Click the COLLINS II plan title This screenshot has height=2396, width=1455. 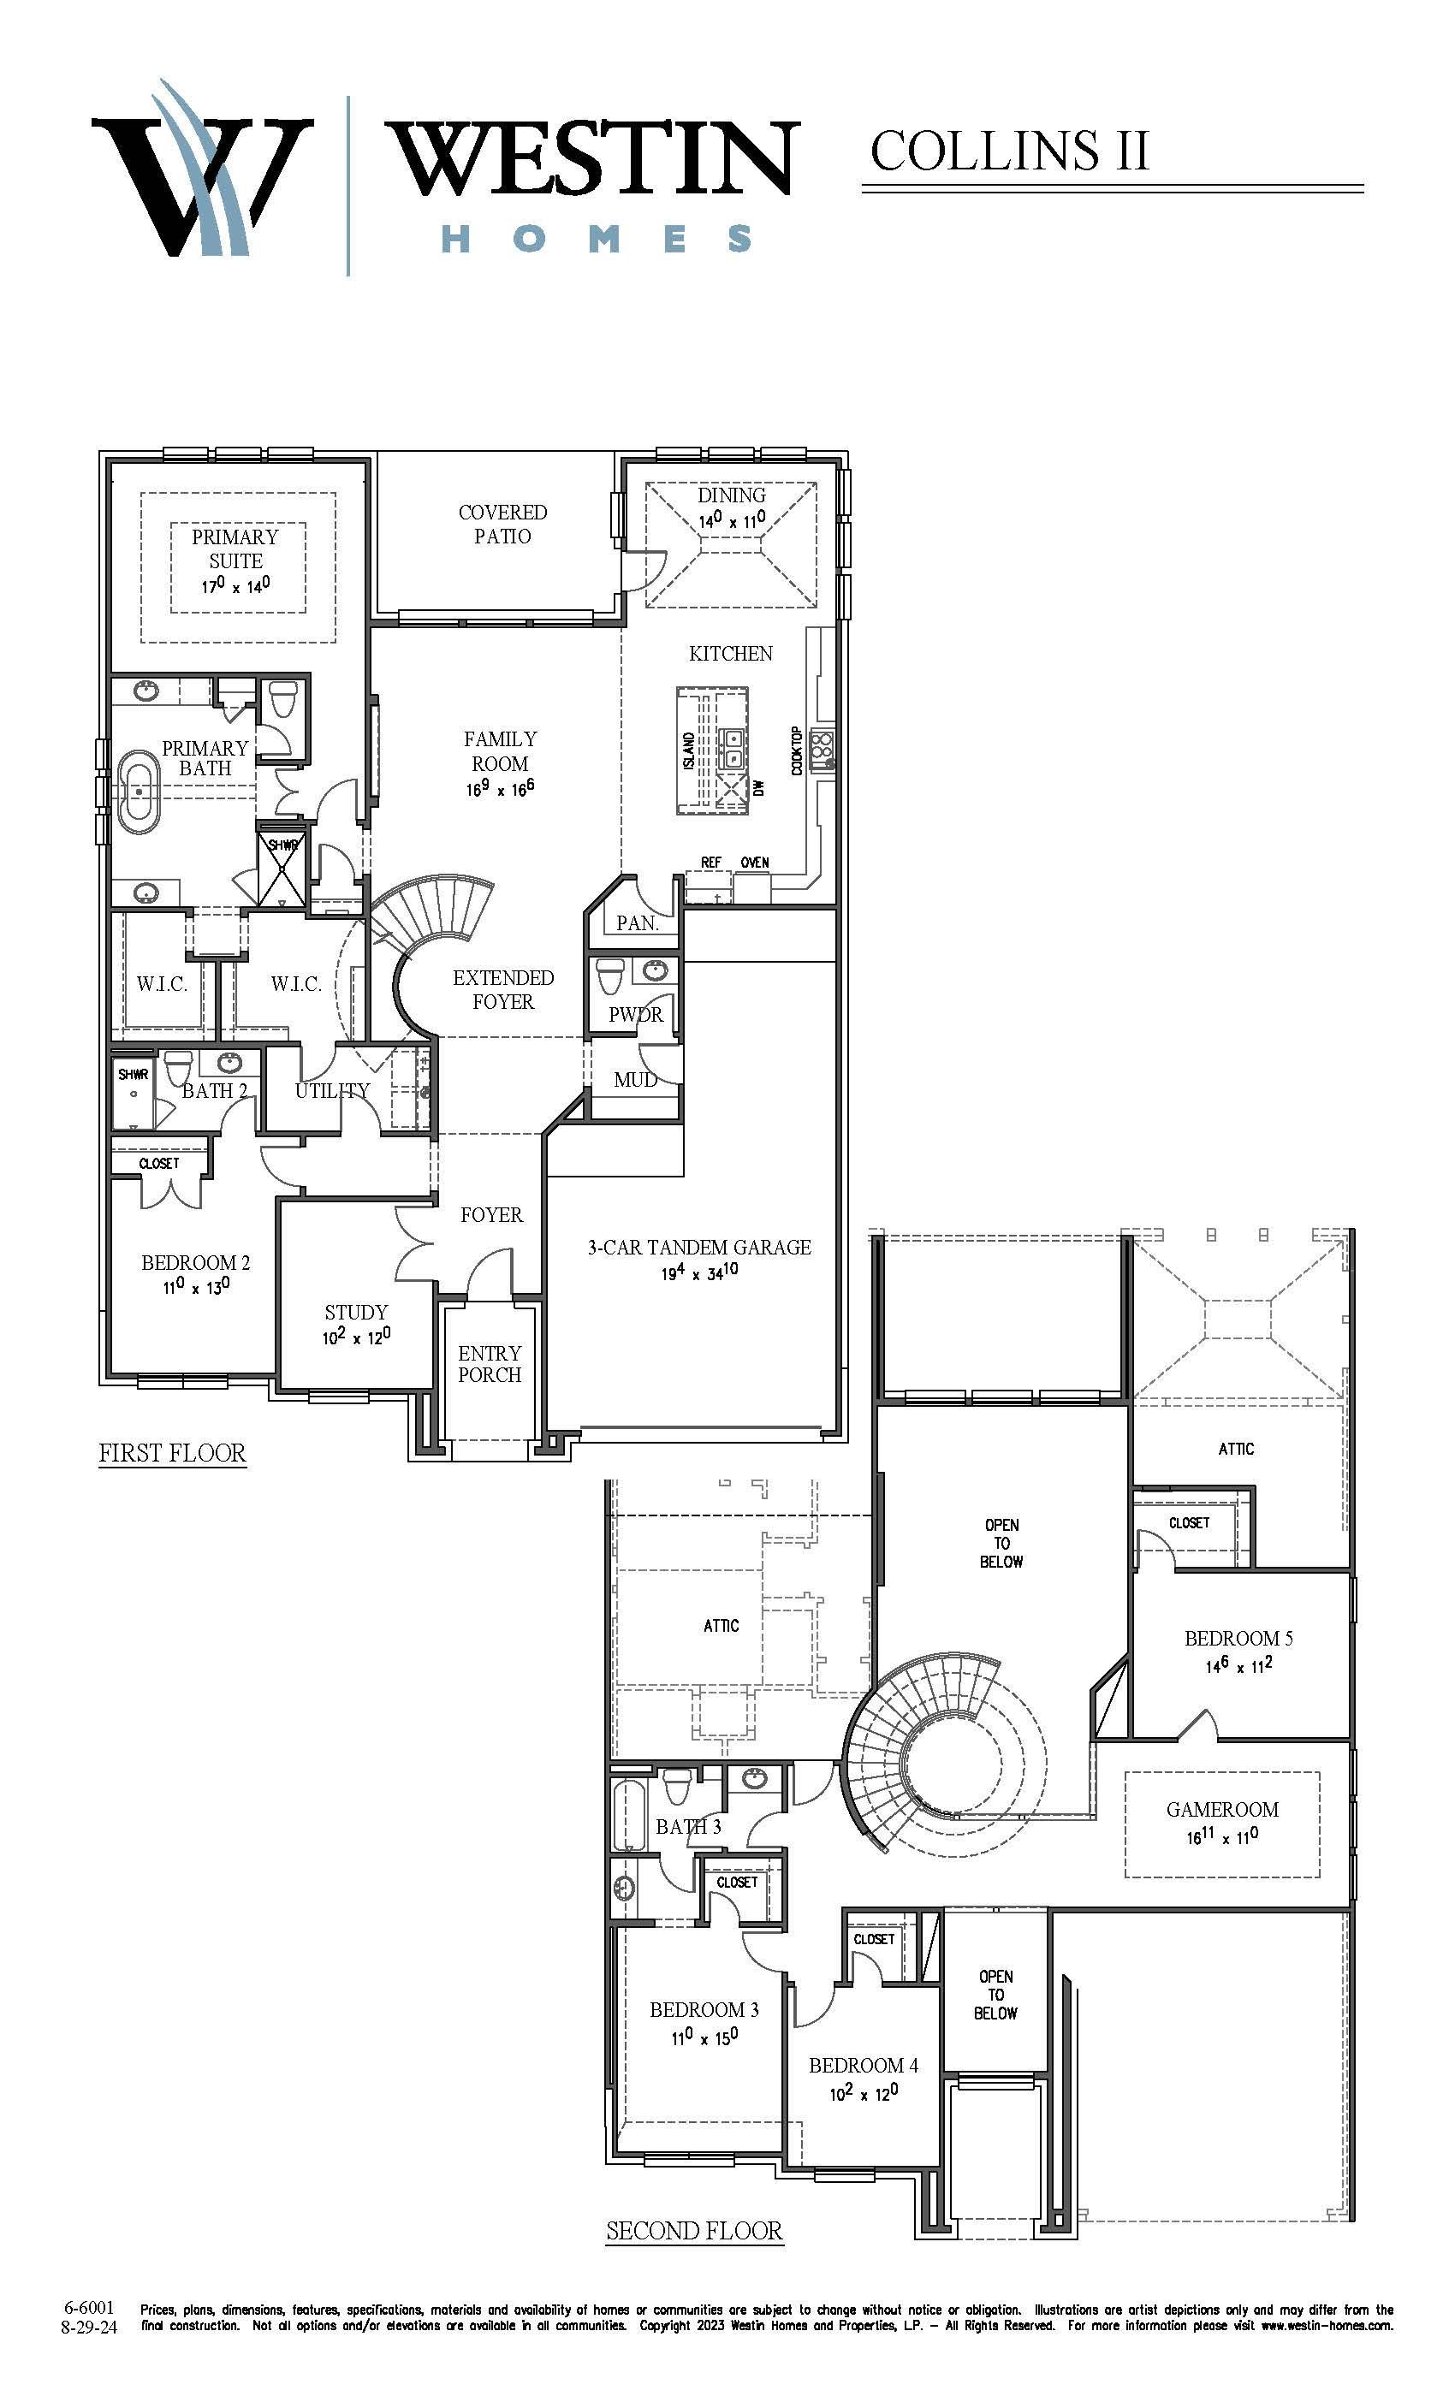(x=1010, y=151)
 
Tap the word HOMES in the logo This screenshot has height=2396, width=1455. (x=597, y=238)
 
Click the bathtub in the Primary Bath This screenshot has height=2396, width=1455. (x=142, y=791)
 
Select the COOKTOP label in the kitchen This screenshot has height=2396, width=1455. (x=798, y=750)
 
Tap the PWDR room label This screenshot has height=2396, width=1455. (x=636, y=1014)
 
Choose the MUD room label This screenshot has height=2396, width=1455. (x=635, y=1079)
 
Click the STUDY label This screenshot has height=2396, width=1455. (x=356, y=1312)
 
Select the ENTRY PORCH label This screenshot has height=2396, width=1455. (x=490, y=1363)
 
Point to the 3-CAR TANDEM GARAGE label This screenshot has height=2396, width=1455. (x=699, y=1247)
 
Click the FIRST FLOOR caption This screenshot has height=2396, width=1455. (x=172, y=1453)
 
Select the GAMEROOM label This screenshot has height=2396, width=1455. (x=1222, y=1809)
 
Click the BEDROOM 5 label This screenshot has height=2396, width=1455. (x=1239, y=1638)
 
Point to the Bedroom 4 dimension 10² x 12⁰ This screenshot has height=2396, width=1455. (x=864, y=2091)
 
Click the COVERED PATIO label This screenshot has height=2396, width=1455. (x=503, y=523)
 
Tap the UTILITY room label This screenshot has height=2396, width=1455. (x=333, y=1090)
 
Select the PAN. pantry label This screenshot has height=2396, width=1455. (x=637, y=922)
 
